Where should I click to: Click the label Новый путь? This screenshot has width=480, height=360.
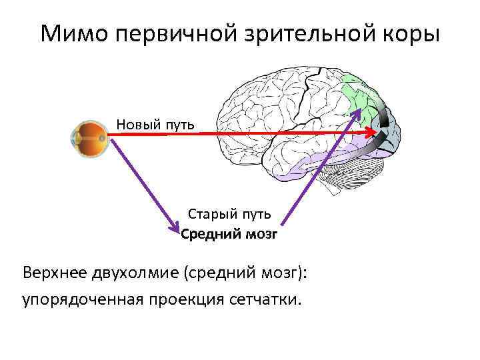point(155,123)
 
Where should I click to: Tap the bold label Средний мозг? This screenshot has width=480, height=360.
point(229,234)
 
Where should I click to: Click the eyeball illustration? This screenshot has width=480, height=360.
point(91,137)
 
